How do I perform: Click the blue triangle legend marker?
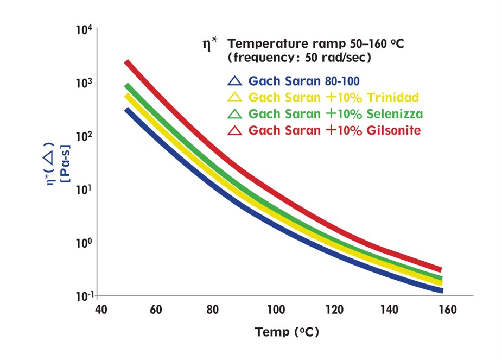pyautogui.click(x=234, y=81)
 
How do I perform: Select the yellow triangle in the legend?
pyautogui.click(x=234, y=98)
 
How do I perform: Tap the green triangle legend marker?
pyautogui.click(x=234, y=114)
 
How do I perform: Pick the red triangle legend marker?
pyautogui.click(x=234, y=130)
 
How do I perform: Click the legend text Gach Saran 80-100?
pyautogui.click(x=304, y=81)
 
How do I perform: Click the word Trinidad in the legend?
pyautogui.click(x=395, y=98)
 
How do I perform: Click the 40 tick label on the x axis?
pyautogui.click(x=100, y=310)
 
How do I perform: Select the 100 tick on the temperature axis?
pyautogui.click(x=276, y=310)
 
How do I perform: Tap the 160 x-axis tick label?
pyautogui.click(x=447, y=310)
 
